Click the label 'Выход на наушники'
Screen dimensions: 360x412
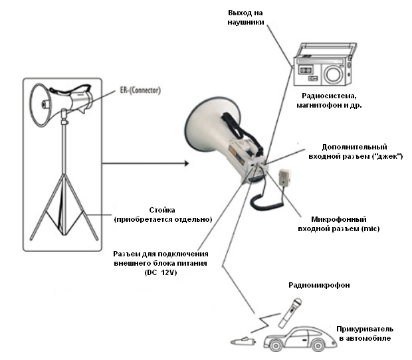pos(247,17)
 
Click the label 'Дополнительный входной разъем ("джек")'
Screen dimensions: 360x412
pos(352,151)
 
